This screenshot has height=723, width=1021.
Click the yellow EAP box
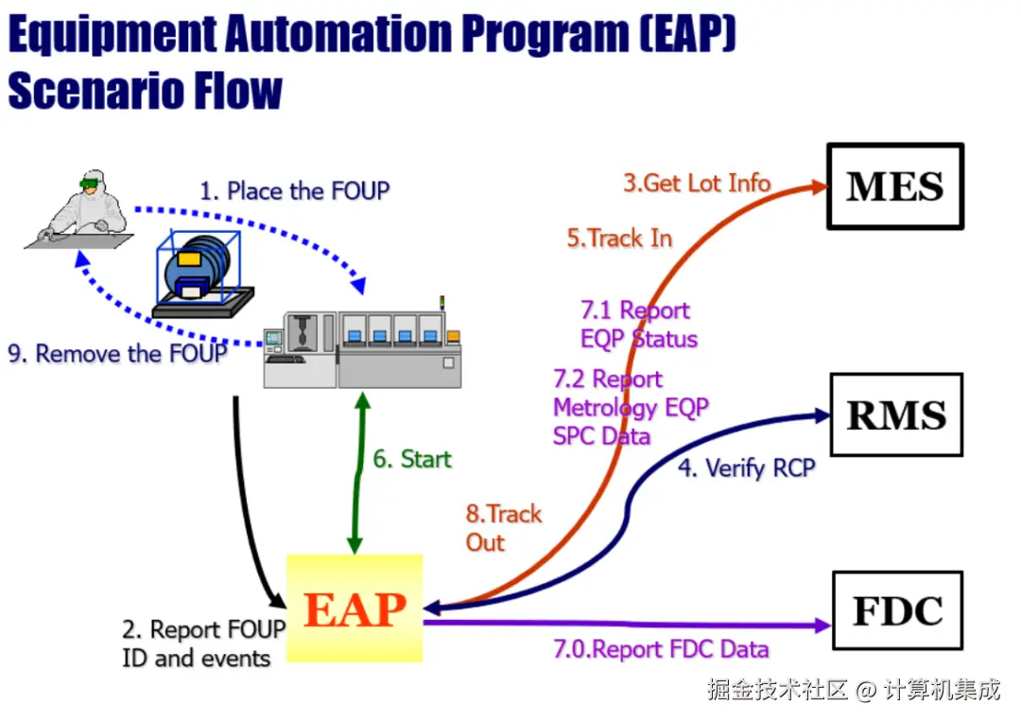(x=355, y=608)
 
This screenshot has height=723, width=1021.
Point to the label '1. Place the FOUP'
(x=294, y=191)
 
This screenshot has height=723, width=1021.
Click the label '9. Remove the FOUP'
(x=117, y=353)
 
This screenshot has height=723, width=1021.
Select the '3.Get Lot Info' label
(x=697, y=184)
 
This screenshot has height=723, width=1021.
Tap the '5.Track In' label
(x=619, y=238)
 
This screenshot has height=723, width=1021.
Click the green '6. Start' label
(x=411, y=458)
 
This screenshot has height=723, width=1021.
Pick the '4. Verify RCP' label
(x=747, y=467)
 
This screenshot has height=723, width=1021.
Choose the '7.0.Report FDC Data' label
(x=661, y=648)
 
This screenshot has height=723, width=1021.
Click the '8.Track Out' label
(x=503, y=528)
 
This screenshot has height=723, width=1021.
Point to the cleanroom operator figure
(x=81, y=208)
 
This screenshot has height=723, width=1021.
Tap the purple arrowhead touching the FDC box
(x=823, y=626)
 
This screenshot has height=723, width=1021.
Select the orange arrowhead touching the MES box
(x=819, y=187)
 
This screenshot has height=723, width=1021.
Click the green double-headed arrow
(x=359, y=473)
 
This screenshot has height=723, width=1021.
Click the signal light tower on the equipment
(x=442, y=303)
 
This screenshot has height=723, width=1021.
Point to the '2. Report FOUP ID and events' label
(x=204, y=644)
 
